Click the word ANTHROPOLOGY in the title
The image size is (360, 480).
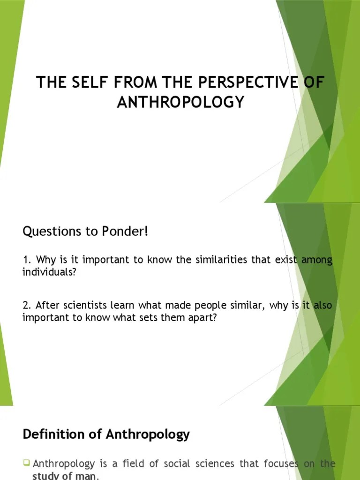coord(180,102)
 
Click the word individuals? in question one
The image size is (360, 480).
coord(49,272)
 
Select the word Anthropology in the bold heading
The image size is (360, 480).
coord(148,435)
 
